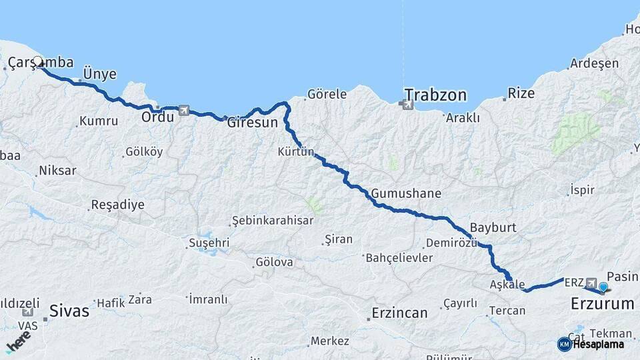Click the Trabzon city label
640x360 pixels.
pyautogui.click(x=435, y=95)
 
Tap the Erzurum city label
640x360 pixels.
pyautogui.click(x=602, y=304)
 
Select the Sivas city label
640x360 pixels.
pyautogui.click(x=69, y=310)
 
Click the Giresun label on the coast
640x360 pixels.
pyautogui.click(x=252, y=123)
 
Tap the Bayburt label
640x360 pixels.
pyautogui.click(x=493, y=227)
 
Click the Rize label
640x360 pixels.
pyautogui.click(x=521, y=93)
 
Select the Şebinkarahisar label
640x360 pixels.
pyautogui.click(x=272, y=221)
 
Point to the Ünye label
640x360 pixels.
pyautogui.click(x=99, y=73)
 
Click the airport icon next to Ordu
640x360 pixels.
pyautogui.click(x=184, y=110)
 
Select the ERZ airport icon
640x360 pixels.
pyautogui.click(x=591, y=283)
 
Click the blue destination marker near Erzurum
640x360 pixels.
pyautogui.click(x=603, y=287)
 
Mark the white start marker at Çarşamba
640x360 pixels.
pyautogui.click(x=38, y=61)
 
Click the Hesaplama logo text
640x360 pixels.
pyautogui.click(x=597, y=345)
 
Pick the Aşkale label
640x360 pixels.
pyautogui.click(x=507, y=284)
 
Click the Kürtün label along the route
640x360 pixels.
pyautogui.click(x=295, y=151)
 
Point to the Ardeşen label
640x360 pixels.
pyautogui.click(x=593, y=64)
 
